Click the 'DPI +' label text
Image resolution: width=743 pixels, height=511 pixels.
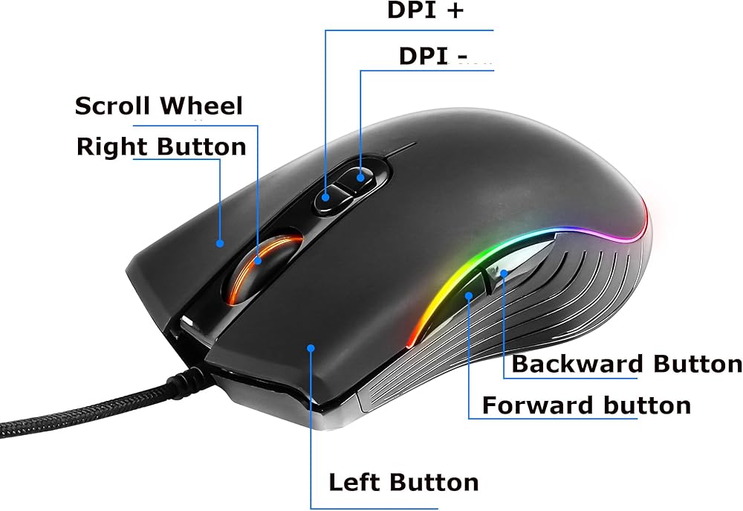(x=426, y=10)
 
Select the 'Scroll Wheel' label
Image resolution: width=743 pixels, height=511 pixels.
(x=159, y=106)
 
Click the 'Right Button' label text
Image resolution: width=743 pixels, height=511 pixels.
(x=161, y=147)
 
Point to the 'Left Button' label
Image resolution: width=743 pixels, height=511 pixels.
(x=403, y=482)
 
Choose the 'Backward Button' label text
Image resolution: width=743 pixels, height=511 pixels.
(x=626, y=364)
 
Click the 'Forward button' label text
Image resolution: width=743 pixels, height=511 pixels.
(x=586, y=405)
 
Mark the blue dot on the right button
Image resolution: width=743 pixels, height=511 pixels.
(x=220, y=242)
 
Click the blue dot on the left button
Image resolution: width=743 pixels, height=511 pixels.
(x=310, y=347)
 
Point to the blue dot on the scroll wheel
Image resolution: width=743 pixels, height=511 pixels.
(x=259, y=260)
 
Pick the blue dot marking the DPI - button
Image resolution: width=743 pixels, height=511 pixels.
(x=361, y=177)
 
